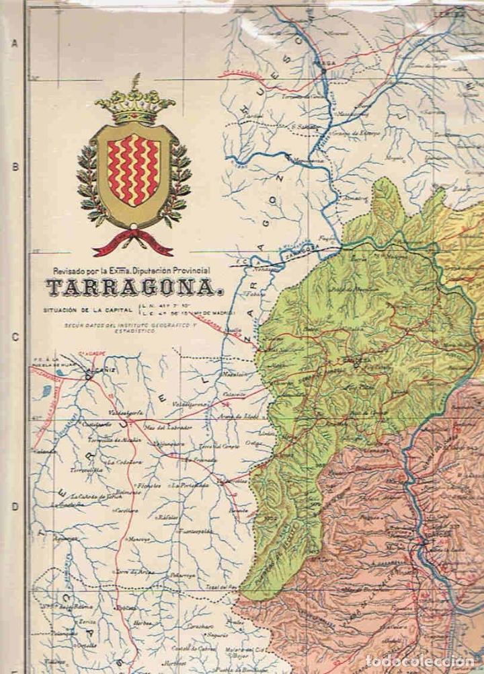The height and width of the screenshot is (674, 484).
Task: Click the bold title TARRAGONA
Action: tap(134, 289)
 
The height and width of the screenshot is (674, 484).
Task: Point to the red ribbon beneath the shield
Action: tap(132, 244)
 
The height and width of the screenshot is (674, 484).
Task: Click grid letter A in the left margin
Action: tap(13, 44)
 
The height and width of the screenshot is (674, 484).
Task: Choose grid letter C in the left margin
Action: tap(13, 337)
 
